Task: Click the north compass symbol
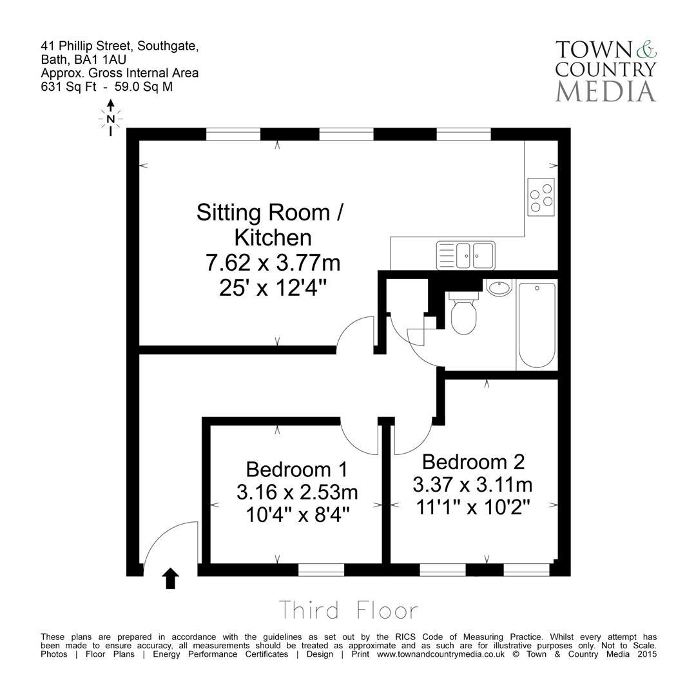[x=111, y=118]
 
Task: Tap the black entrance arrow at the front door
[x=170, y=578]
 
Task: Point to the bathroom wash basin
[x=498, y=287]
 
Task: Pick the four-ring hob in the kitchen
[x=541, y=196]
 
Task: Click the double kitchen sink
[x=466, y=255]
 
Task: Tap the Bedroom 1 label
[x=296, y=469]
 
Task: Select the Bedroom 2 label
[x=473, y=461]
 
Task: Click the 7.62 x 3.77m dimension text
[x=273, y=263]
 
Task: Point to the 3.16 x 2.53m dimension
[x=296, y=492]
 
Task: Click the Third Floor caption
[x=348, y=610]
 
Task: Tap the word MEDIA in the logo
[x=605, y=91]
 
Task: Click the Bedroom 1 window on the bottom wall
[x=321, y=569]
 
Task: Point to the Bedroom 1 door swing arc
[x=358, y=438]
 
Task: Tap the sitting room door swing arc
[x=354, y=334]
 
